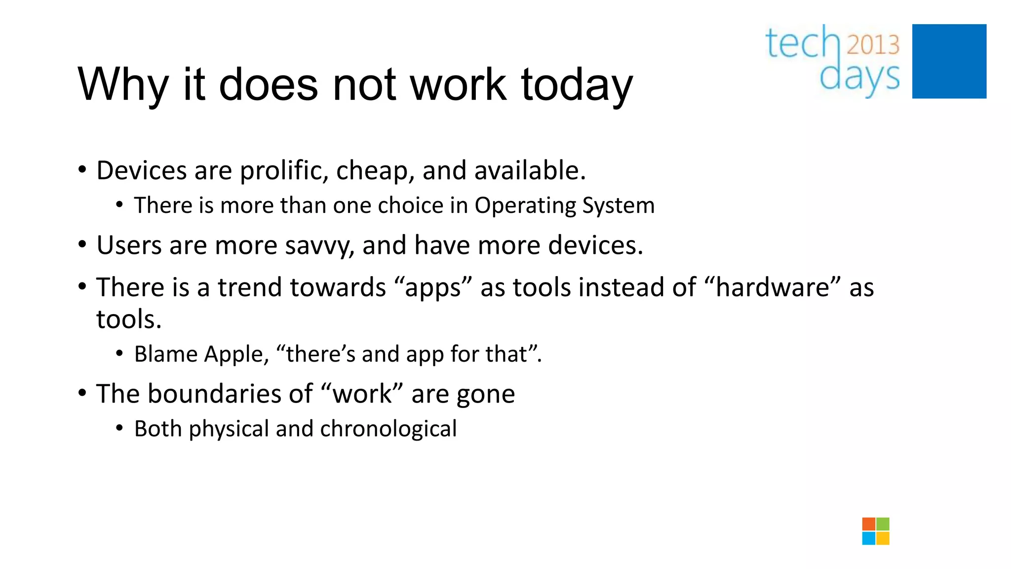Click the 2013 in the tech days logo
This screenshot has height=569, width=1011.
tap(873, 45)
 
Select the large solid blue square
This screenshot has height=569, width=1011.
tap(949, 61)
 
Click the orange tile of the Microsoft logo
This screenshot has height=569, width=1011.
tap(869, 524)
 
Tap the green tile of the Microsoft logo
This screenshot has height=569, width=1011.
tap(883, 524)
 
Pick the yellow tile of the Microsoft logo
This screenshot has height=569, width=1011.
tap(883, 538)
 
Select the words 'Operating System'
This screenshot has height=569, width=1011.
tap(564, 205)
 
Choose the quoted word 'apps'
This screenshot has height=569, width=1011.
tap(433, 287)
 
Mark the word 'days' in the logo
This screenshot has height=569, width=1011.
tap(859, 78)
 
